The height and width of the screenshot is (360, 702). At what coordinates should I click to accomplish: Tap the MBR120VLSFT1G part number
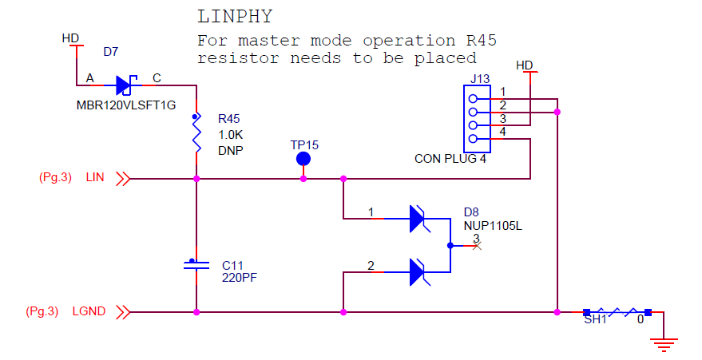pos(126,105)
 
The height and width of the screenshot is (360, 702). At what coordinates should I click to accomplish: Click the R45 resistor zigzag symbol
pos(196,134)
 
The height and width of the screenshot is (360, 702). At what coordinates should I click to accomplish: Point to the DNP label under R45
pos(231,150)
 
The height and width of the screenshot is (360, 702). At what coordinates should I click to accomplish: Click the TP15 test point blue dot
pos(303,159)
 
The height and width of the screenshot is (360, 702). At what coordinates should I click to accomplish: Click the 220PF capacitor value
pos(240,278)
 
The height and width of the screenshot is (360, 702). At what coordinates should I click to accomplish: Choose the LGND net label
pos(89,311)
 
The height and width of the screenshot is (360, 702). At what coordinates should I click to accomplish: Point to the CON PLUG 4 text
pos(450,159)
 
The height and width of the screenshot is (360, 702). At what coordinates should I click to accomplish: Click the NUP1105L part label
pos(493,226)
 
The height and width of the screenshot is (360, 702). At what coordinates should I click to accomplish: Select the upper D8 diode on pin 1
pos(417,219)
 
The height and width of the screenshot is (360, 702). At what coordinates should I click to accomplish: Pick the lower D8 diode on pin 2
pos(417,272)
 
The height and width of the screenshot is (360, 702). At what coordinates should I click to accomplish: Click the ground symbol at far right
pos(663,342)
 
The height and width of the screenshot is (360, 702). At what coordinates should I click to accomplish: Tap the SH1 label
pos(595,320)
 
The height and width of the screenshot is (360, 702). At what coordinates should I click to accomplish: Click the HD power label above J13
pos(525,65)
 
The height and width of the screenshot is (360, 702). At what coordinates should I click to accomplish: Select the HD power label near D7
pos(70,38)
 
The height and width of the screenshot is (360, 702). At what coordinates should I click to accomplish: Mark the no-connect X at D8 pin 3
pos(477,246)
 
